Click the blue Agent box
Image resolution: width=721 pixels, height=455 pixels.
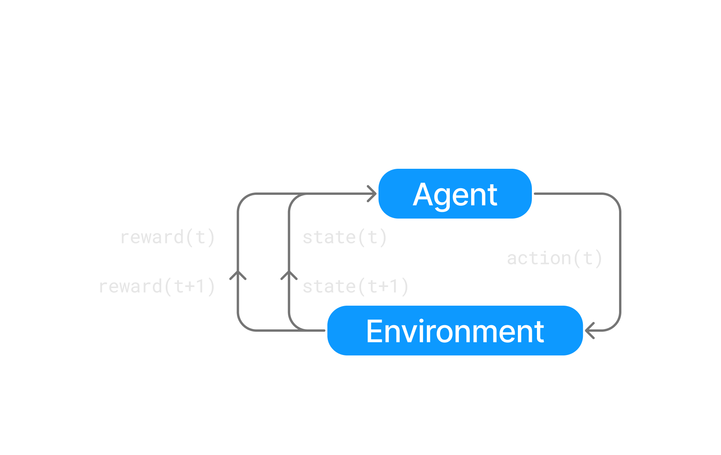[x=455, y=194]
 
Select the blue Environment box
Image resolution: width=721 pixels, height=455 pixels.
[x=455, y=331]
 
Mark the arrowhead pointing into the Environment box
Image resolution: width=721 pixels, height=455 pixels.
[x=589, y=331]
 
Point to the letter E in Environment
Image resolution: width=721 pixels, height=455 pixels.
[x=374, y=331]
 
